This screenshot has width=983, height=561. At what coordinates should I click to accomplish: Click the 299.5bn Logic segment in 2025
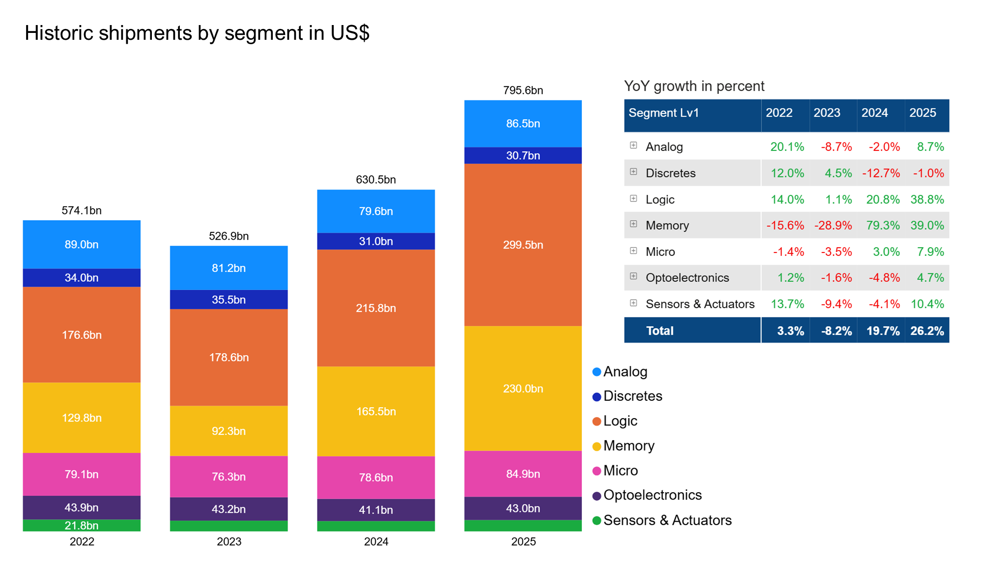(x=523, y=245)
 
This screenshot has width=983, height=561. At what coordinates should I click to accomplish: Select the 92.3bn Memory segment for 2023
(x=229, y=431)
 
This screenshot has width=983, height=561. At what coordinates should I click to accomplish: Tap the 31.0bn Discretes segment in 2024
(x=376, y=241)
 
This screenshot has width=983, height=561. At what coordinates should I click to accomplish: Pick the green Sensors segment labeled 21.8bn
(x=82, y=525)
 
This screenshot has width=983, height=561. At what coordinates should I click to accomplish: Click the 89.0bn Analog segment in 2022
(x=82, y=244)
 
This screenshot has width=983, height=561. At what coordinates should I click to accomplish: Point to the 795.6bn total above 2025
(x=523, y=90)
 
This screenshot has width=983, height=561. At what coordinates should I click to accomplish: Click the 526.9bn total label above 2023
(x=229, y=236)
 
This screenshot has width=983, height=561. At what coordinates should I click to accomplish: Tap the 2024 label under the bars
(x=376, y=541)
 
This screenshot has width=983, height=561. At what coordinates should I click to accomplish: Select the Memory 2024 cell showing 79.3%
(x=883, y=225)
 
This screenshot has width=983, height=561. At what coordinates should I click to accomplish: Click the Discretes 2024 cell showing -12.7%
(x=881, y=173)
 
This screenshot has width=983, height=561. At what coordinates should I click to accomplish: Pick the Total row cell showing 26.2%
(x=926, y=331)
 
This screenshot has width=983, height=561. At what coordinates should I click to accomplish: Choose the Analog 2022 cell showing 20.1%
(x=787, y=147)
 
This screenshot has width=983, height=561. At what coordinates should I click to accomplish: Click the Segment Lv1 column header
(x=664, y=113)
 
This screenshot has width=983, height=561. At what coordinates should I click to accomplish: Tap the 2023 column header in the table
(x=827, y=113)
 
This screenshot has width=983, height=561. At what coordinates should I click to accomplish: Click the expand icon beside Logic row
(x=634, y=198)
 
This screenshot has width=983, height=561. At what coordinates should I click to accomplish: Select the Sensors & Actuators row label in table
(x=700, y=304)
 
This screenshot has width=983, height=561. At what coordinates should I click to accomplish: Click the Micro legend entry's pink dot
(x=597, y=471)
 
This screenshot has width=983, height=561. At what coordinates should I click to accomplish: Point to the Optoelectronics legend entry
(x=652, y=495)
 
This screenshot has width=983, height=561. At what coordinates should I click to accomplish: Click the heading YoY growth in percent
(x=694, y=86)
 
